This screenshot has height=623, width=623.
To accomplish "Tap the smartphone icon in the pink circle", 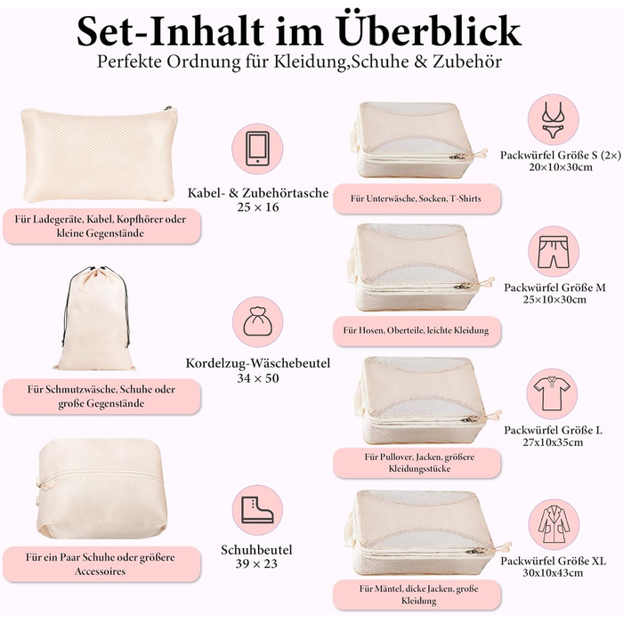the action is click(x=257, y=149).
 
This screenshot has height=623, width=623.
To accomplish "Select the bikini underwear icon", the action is click(x=553, y=119).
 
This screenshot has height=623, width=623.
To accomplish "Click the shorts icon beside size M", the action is click(x=554, y=252).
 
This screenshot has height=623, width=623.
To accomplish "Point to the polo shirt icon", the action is click(x=552, y=393).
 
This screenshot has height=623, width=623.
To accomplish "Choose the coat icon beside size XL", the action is click(x=554, y=524).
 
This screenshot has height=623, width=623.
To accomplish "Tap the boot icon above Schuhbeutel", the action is click(x=257, y=510).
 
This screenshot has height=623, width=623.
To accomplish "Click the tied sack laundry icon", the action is click(x=258, y=321).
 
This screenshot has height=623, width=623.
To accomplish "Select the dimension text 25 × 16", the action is click(x=258, y=207).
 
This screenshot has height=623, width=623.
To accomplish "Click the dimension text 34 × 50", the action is click(x=258, y=378).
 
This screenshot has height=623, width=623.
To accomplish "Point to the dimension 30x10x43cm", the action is click(x=553, y=572).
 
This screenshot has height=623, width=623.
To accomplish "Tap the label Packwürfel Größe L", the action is click(x=553, y=430).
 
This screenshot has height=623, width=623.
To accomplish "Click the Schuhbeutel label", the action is click(x=256, y=550).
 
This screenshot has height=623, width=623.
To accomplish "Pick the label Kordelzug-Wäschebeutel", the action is click(x=258, y=363).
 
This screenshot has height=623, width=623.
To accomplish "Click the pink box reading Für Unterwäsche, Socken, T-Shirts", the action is click(x=417, y=198).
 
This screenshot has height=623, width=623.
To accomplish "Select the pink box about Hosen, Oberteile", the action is click(x=417, y=330).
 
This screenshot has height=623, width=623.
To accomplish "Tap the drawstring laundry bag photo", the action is click(x=95, y=319).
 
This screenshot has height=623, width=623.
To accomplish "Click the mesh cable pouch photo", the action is click(x=99, y=154).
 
